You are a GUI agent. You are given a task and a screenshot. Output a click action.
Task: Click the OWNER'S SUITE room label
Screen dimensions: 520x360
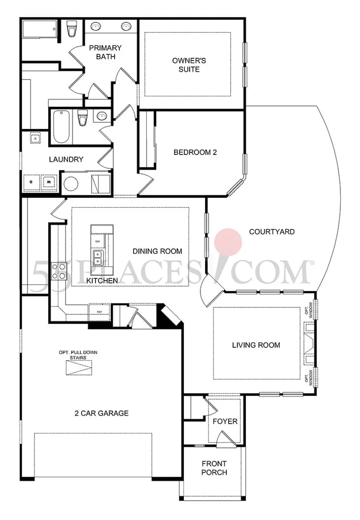189,65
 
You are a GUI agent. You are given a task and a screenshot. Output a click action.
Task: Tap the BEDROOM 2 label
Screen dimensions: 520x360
195,152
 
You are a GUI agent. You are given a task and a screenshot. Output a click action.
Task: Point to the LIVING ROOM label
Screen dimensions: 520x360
256,345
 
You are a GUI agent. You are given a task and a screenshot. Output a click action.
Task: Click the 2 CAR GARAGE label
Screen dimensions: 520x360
102,413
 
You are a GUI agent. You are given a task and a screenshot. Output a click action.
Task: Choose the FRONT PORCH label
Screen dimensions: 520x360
214,468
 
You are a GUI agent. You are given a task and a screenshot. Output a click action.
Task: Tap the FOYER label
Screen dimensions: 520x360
225,421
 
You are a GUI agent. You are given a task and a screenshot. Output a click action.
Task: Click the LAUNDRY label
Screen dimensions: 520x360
66,159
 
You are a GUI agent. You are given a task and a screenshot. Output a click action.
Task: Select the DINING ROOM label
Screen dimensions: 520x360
157,251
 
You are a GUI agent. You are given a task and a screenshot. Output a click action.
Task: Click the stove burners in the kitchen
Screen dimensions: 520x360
59,270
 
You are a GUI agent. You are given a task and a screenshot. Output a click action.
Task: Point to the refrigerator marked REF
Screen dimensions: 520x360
100,311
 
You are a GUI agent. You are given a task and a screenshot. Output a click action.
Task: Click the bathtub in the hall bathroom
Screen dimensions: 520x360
62,126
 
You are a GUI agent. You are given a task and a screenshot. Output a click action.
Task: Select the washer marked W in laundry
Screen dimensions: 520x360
49,182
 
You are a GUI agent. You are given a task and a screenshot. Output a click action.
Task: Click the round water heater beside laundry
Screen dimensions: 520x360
71,183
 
